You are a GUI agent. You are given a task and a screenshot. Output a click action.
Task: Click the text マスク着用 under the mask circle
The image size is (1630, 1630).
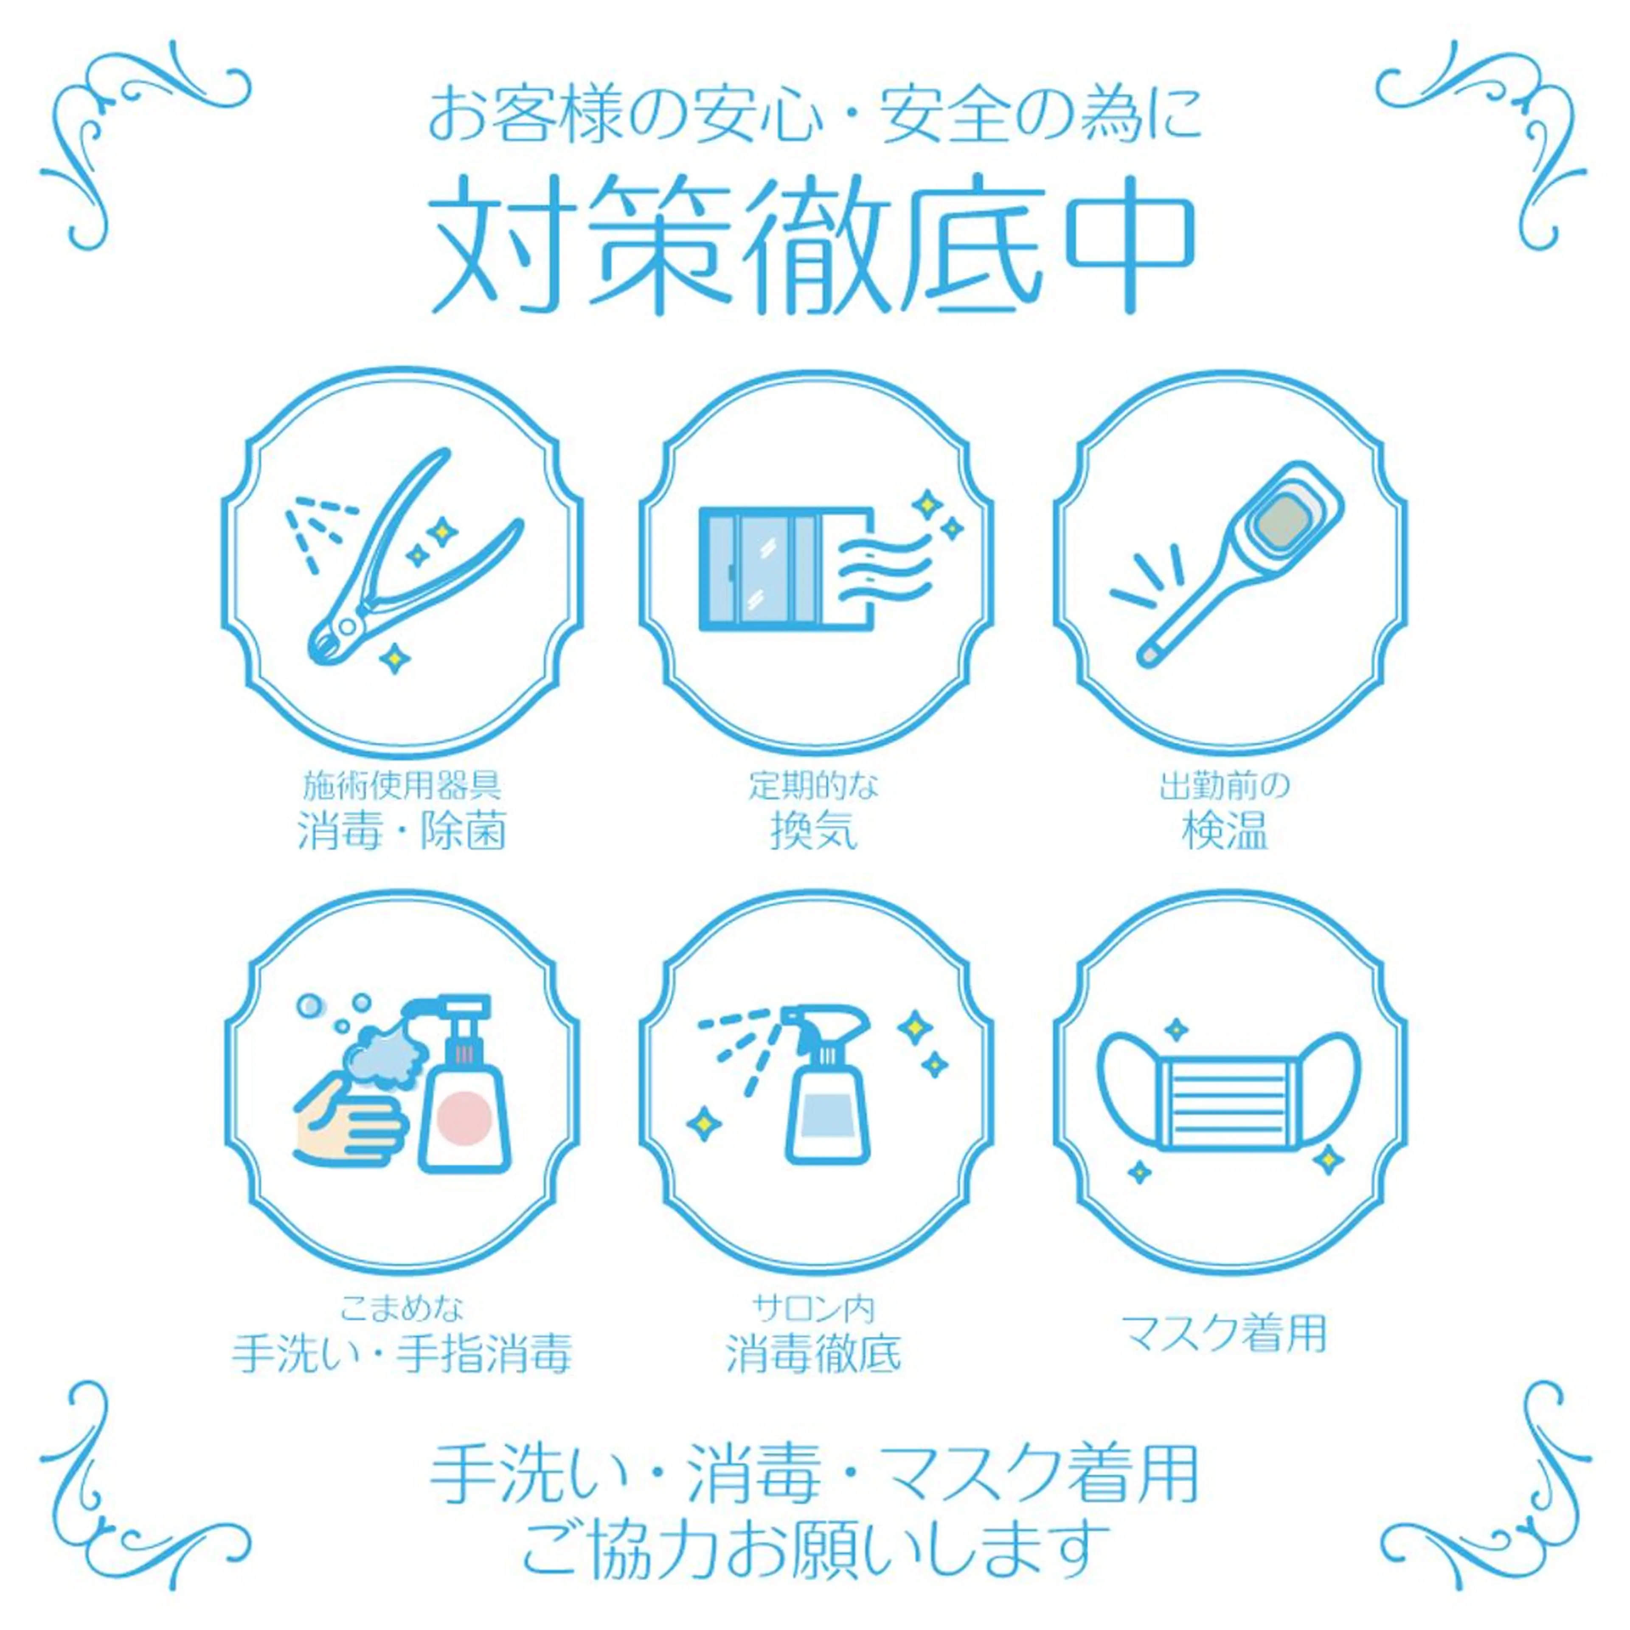[1225, 1335]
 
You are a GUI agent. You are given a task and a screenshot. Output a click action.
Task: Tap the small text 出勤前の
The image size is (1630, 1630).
[1225, 786]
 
